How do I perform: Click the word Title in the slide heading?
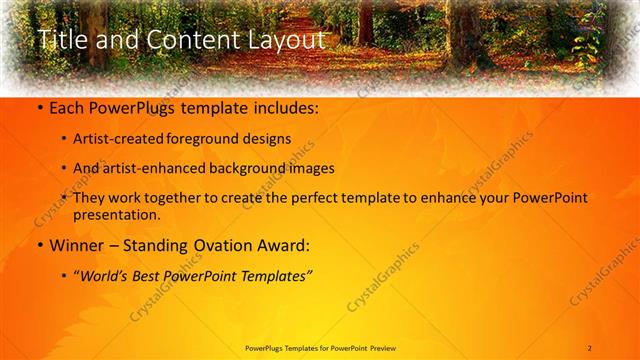tap(59, 40)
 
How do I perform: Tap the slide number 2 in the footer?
tap(590, 347)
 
